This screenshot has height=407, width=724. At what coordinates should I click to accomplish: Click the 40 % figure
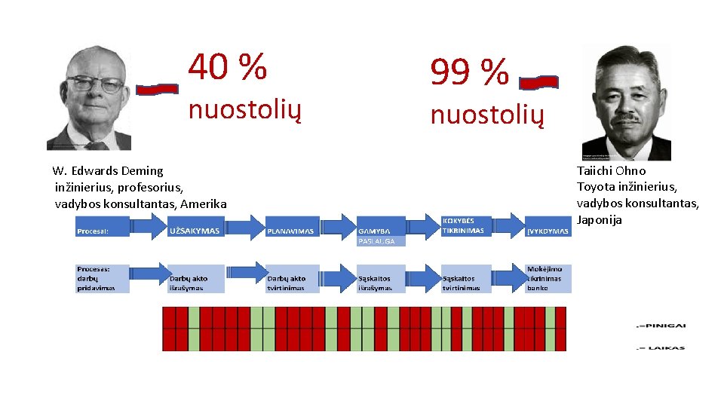(227, 67)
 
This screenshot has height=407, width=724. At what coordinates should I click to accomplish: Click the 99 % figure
(469, 72)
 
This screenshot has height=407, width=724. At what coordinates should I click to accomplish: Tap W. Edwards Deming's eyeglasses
(95, 84)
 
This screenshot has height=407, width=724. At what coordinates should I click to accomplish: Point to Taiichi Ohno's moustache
(626, 118)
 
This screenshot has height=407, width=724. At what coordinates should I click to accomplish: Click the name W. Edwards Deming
(108, 171)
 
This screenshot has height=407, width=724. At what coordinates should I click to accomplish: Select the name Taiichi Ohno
(611, 171)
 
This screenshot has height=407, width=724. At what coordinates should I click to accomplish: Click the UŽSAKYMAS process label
(195, 231)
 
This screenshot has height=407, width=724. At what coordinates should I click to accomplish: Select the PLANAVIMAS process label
(290, 231)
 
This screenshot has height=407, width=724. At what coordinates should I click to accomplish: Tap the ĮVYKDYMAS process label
(548, 231)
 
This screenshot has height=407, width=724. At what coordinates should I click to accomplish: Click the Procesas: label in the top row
(93, 231)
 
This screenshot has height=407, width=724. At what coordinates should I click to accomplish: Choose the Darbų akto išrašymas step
(188, 283)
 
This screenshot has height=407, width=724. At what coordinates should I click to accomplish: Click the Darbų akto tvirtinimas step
(287, 283)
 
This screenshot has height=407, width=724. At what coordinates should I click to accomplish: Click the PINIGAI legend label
(664, 326)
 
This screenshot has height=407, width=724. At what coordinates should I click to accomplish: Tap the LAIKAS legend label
(664, 347)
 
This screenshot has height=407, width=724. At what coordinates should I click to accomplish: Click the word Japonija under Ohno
(600, 220)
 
